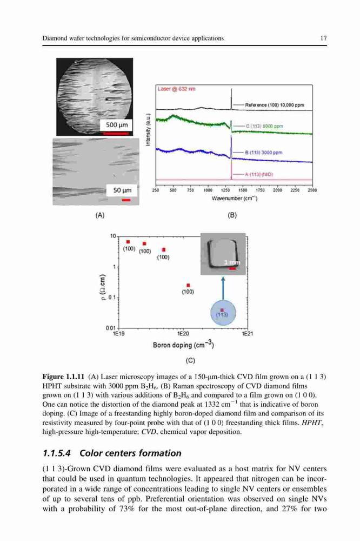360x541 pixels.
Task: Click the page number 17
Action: click(323, 38)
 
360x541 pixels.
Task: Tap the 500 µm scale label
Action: click(117, 125)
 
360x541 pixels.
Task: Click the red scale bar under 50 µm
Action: click(126, 200)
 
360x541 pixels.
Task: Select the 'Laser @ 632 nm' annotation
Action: click(177, 89)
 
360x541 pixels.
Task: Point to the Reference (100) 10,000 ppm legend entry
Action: click(275, 105)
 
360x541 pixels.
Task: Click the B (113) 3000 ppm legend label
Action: click(263, 153)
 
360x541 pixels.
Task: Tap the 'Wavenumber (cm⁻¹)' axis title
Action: click(235, 199)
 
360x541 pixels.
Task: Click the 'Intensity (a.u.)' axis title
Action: click(148, 130)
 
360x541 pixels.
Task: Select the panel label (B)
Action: click(232, 215)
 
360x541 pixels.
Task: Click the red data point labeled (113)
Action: click(222, 310)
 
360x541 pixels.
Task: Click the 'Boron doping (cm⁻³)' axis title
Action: click(183, 345)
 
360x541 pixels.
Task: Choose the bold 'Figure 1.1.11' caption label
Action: click(63, 377)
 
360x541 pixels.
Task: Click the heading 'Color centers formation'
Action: click(130, 453)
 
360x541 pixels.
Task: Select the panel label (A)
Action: click(99, 215)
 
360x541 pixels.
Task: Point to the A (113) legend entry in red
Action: click(258, 175)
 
